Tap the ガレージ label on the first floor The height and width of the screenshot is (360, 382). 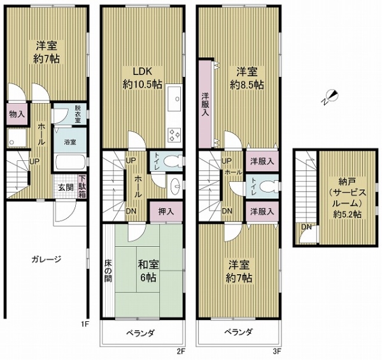[x=45, y=259]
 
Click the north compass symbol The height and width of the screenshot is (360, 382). [x=330, y=97]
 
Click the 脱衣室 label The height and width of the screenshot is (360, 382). [x=77, y=114]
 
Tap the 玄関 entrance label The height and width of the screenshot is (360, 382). [x=65, y=187]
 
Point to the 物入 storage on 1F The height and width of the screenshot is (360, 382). [x=16, y=114]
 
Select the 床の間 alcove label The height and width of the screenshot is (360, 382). [x=108, y=270]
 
